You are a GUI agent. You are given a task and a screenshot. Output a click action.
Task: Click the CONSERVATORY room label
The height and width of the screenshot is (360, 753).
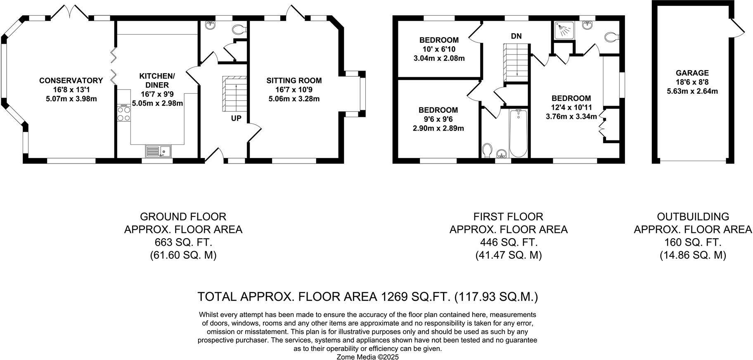pos(71,81)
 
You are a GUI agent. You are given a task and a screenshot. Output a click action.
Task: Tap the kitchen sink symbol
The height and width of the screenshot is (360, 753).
pos(159,151)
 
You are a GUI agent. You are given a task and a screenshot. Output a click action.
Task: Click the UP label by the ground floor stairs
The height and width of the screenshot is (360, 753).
pos(236,118)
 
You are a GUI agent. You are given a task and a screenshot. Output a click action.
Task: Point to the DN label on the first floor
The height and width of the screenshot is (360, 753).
pos(516,36)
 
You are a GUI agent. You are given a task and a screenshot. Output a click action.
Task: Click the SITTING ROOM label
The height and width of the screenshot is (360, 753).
pos(294,81)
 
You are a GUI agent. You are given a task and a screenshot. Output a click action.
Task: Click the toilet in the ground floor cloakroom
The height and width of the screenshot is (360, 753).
pos(239,29)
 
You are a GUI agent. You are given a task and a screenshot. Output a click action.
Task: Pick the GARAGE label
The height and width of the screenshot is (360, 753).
pos(692,73)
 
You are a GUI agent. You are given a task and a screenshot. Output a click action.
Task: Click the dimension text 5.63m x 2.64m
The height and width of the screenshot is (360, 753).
pos(692,91)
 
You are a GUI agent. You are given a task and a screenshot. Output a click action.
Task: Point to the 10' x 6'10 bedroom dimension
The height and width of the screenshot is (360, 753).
pos(439,49)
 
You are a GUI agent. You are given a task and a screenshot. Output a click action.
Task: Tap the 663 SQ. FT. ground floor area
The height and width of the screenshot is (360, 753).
pos(183,242)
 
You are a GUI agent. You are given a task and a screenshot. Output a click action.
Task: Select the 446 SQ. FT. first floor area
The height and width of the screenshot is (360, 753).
pos(509,242)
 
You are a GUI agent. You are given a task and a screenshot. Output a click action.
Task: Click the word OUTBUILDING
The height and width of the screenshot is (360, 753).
pos(693,217)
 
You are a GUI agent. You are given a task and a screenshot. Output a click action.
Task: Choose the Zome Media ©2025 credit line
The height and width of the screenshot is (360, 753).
pos(368,357)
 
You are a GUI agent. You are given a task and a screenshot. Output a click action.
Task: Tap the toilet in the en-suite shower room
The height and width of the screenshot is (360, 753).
pos(611,37)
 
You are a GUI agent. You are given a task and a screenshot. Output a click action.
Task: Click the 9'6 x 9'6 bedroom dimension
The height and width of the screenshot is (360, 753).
pos(438,119)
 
